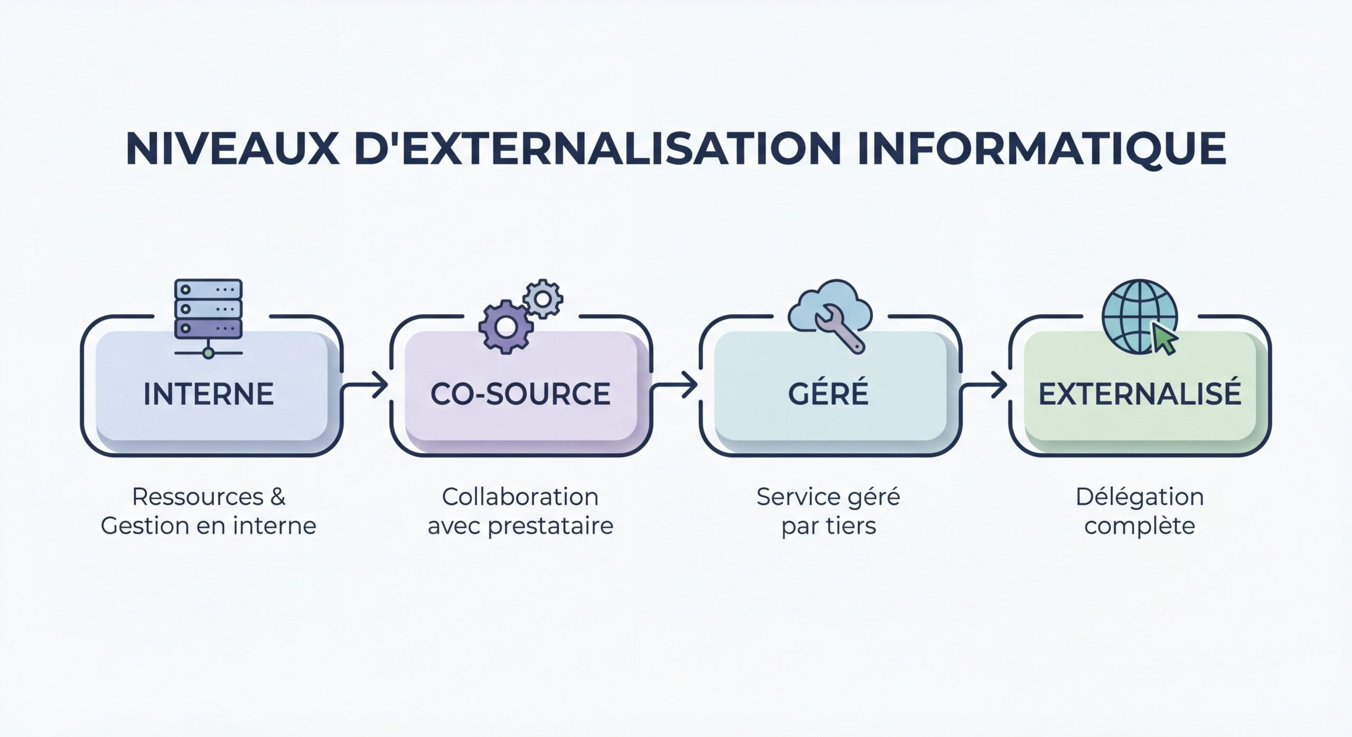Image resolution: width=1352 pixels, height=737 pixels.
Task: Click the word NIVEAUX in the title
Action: coord(232,149)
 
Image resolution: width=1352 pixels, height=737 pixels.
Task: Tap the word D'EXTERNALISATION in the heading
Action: coord(598,149)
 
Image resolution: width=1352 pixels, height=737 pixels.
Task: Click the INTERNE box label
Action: coord(209,394)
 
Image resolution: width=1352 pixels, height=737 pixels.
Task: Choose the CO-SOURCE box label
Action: coord(520,394)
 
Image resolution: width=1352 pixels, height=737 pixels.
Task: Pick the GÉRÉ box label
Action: coord(828,394)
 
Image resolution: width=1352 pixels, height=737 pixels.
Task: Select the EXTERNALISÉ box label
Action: coord(1140,394)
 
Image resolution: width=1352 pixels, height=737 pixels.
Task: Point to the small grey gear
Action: coord(542,299)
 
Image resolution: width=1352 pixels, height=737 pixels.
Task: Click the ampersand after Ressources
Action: coord(278,497)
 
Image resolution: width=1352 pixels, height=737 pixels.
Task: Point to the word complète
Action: coord(1140,526)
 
